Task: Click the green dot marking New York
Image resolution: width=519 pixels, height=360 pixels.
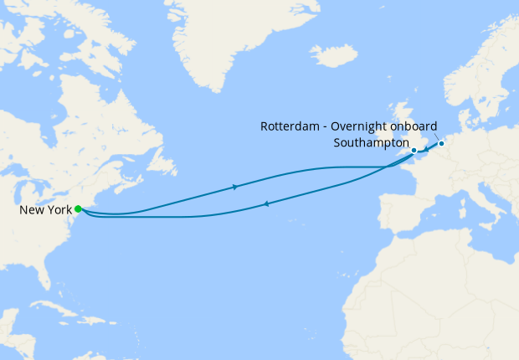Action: [x=78, y=208]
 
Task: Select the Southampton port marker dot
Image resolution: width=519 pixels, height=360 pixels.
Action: [x=414, y=151]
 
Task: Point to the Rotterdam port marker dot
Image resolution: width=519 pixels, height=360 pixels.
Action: [x=442, y=143]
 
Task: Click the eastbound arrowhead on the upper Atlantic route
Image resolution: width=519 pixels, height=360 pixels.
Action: [x=235, y=187]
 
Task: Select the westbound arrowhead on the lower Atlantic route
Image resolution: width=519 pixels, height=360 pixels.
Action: [x=265, y=203]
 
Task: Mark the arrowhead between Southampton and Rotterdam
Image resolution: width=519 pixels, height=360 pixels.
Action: [x=426, y=150]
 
